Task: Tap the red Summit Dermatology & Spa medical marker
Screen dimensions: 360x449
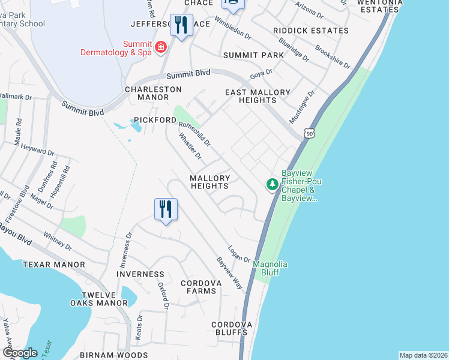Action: pos(160,47)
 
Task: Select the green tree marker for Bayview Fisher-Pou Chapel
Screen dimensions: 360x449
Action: pos(273,184)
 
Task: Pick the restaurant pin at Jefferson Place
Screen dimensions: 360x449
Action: pos(181,26)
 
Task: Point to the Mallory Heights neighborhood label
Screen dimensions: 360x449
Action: pos(210,182)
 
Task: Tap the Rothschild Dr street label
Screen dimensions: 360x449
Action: pos(195,133)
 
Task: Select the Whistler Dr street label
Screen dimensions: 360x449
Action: pos(190,146)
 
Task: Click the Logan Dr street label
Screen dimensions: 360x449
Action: pos(238,254)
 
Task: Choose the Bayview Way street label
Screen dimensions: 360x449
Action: pos(229,274)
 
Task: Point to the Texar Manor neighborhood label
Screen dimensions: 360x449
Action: pos(54,264)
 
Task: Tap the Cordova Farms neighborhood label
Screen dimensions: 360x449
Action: pos(199,287)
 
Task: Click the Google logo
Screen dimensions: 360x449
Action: pos(19,353)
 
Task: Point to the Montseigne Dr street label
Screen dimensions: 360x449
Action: pos(302,107)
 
